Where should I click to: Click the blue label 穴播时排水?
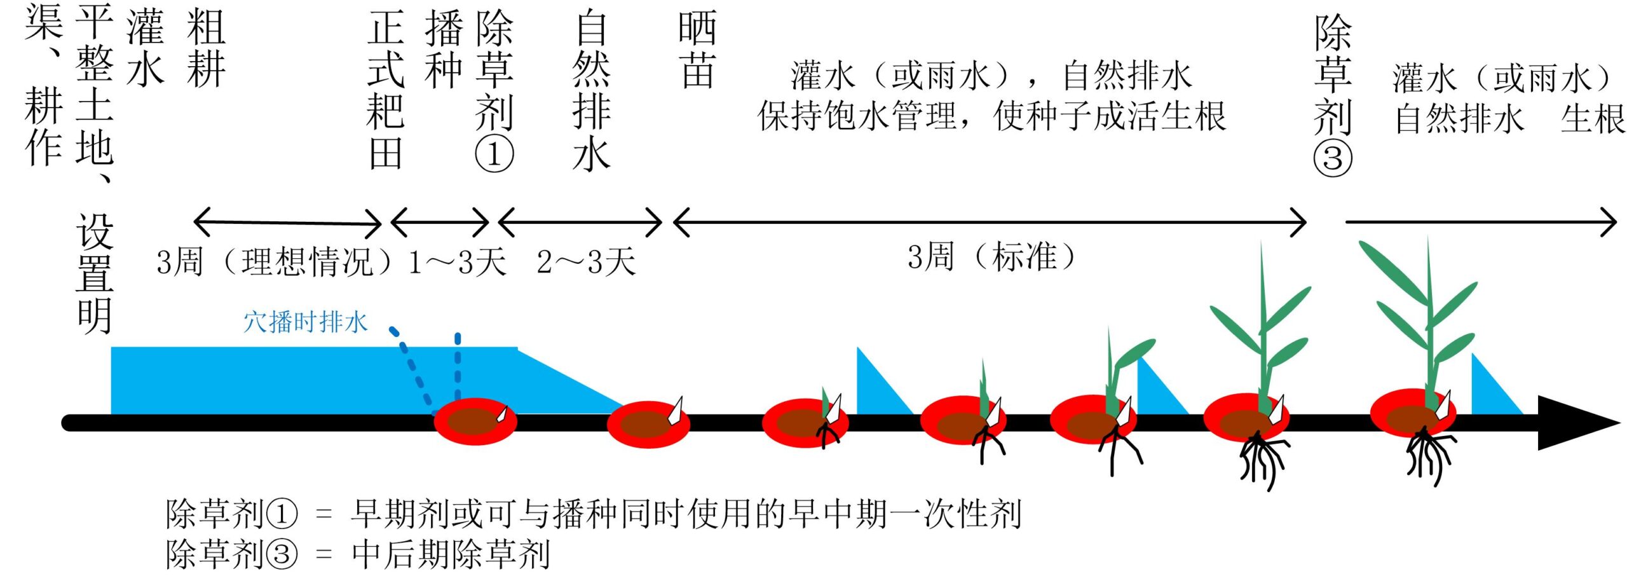pos(305,322)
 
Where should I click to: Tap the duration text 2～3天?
pos(585,262)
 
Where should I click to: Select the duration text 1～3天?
pos(456,262)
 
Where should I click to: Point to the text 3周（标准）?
pos(991,257)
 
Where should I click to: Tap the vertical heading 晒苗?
pos(697,50)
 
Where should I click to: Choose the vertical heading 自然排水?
pos(591,90)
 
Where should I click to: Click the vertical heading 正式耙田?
pos(386,90)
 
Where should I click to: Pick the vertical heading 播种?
pos(444,50)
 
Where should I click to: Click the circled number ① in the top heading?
pos(494,154)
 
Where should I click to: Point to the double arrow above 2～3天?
pos(580,223)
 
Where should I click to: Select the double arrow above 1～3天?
pos(440,223)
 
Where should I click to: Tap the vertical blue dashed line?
pos(458,366)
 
